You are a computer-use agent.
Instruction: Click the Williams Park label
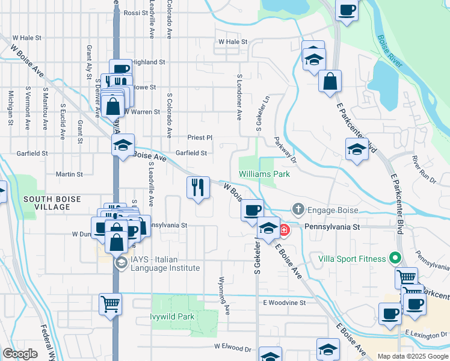pyautogui.click(x=264, y=174)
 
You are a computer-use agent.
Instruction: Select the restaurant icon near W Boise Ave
pyautogui.click(x=198, y=188)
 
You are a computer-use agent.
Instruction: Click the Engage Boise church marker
pyautogui.click(x=298, y=210)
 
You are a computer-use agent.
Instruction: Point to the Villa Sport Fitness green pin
pyautogui.click(x=395, y=259)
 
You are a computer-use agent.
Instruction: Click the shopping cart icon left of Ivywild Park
pyautogui.click(x=111, y=304)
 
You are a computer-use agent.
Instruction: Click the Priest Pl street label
pyautogui.click(x=200, y=138)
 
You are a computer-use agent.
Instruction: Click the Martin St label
pyautogui.click(x=69, y=174)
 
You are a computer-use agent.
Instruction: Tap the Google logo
pyautogui.click(x=20, y=354)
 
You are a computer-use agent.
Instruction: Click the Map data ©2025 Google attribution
pyautogui.click(x=411, y=356)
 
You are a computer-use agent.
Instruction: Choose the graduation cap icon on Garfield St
pyautogui.click(x=123, y=146)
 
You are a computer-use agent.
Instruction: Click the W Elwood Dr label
pyautogui.click(x=232, y=348)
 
